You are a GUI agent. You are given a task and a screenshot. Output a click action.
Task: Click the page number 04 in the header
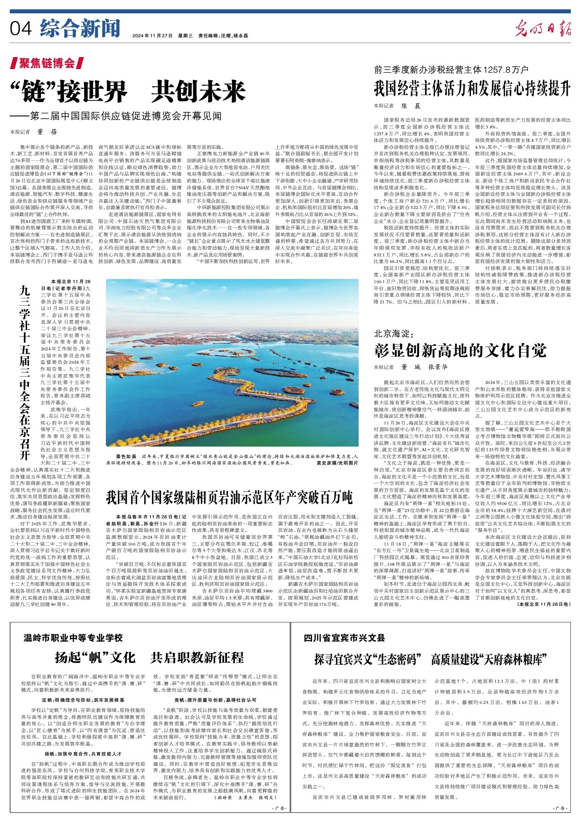point(21,29)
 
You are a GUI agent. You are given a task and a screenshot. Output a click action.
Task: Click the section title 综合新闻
point(80,29)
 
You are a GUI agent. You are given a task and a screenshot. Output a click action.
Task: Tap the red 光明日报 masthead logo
point(543,29)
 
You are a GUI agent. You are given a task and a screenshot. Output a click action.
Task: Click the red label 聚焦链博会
point(47,63)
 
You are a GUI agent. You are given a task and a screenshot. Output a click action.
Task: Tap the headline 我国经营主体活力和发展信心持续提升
point(472,87)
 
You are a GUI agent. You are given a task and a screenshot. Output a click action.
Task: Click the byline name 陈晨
point(411,106)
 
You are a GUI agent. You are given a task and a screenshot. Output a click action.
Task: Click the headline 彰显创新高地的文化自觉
point(460,351)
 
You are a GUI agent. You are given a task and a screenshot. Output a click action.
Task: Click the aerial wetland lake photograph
point(232,363)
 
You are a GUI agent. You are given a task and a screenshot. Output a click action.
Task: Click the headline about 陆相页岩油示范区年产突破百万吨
point(229,497)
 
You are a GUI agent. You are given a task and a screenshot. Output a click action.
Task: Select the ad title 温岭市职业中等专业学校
point(73,638)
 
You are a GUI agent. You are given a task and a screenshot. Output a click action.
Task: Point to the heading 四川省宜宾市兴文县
point(344,638)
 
